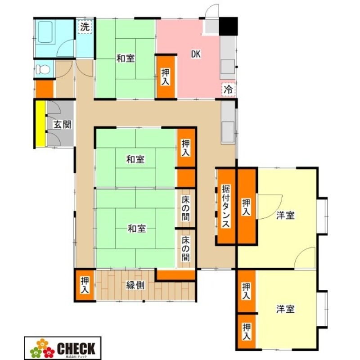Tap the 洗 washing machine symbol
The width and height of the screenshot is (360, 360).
click(84, 27)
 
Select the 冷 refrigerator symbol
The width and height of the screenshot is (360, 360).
click(228, 89)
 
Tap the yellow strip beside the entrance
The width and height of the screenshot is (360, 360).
click(40, 124)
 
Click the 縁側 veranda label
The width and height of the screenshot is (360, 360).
click(135, 285)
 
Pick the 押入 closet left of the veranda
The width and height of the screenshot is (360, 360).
click(85, 285)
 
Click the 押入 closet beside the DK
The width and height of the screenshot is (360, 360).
click(165, 76)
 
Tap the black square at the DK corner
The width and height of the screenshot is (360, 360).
click(228, 26)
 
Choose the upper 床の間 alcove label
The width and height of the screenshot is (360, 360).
click(186, 206)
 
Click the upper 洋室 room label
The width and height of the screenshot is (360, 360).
click(285, 216)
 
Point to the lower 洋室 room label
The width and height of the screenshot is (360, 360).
click(285, 309)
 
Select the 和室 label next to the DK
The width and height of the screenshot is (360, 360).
click(126, 58)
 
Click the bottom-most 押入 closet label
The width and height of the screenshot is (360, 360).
click(246, 332)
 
